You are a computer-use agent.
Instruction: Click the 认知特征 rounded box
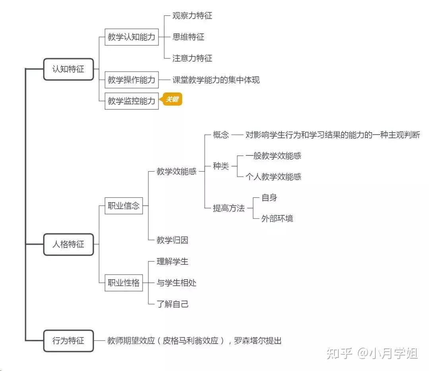[68, 69]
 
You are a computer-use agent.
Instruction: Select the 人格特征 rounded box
[68, 244]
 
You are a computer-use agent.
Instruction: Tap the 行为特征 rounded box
[68, 341]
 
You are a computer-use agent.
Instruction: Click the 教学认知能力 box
[131, 37]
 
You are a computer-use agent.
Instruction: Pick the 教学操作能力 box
[131, 80]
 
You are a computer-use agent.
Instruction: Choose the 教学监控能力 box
[131, 101]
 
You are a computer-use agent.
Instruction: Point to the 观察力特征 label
[192, 15]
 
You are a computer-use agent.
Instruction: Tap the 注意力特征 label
[192, 58]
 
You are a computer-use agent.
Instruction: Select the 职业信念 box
[124, 206]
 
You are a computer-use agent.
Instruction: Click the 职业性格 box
[124, 283]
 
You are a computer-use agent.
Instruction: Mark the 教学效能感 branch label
[176, 172]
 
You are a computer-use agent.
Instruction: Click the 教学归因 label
[172, 240]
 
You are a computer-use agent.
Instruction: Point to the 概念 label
[221, 135]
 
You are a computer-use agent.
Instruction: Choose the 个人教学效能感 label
[273, 176]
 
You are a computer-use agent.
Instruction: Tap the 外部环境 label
[277, 218]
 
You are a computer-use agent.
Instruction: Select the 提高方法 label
[229, 208]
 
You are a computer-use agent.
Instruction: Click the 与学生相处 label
[176, 283]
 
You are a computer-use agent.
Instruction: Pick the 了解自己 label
[172, 304]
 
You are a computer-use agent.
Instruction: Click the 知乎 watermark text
[339, 353]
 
